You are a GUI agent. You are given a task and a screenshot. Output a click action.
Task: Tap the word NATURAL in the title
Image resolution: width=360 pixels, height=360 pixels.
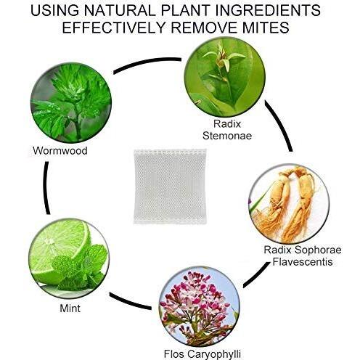119,10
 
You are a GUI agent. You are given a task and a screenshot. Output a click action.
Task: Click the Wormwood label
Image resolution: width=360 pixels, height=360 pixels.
60,150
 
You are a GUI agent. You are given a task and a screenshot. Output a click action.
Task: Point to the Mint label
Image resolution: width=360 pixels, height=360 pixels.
70,308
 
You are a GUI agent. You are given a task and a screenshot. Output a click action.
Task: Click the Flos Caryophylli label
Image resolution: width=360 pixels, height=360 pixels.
202,354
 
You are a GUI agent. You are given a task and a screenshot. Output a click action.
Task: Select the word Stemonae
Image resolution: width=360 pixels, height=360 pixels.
227,136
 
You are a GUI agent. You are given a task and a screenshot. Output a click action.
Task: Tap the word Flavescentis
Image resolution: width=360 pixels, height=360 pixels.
303,261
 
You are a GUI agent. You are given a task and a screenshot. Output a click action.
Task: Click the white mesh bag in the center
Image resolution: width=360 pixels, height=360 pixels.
170,187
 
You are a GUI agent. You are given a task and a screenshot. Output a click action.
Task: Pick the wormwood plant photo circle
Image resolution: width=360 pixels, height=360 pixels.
71,102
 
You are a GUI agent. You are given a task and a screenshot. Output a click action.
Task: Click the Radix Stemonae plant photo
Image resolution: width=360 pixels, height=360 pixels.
225,77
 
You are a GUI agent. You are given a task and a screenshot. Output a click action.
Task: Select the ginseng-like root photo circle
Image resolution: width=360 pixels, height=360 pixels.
289,204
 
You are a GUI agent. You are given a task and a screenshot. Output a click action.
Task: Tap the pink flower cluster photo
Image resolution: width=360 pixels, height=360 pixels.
200,306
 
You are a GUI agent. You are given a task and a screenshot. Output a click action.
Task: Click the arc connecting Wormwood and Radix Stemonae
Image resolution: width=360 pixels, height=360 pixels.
147,63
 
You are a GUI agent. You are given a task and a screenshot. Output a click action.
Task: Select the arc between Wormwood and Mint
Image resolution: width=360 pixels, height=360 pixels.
46,188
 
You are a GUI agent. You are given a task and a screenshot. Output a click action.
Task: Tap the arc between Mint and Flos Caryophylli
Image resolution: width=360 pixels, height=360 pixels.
129,303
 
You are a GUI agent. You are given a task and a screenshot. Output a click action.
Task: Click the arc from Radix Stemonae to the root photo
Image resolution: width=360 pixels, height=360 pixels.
282,125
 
